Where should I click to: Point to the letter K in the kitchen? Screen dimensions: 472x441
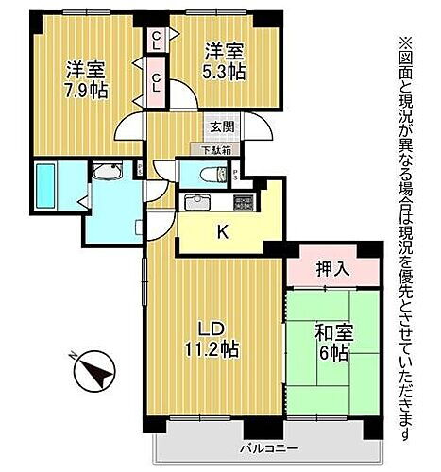coord(223,230)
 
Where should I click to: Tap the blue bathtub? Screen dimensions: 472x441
coord(45,187)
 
